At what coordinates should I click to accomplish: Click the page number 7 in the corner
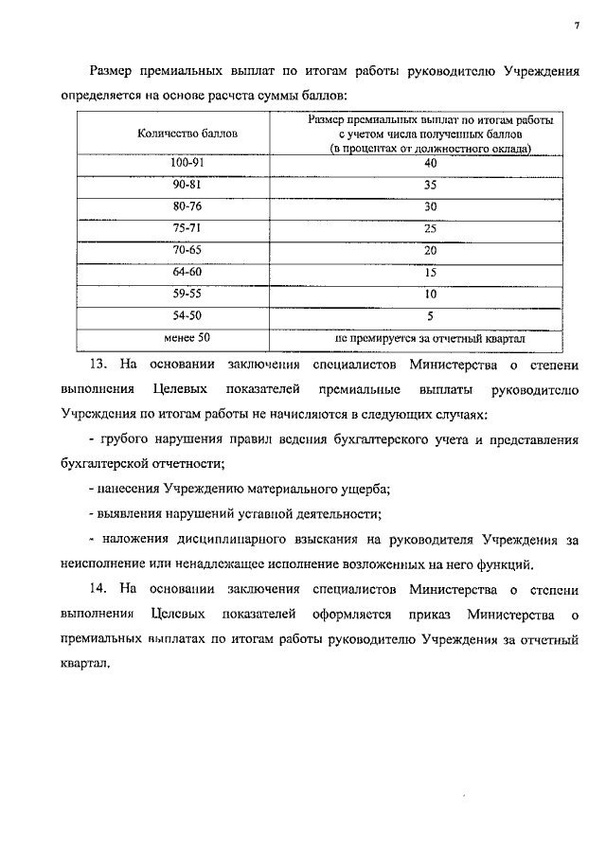click(576, 25)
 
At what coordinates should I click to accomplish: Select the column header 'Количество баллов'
click(187, 134)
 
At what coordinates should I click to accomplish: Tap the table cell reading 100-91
click(187, 163)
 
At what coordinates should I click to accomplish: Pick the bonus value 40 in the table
click(430, 163)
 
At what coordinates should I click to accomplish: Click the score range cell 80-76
click(187, 206)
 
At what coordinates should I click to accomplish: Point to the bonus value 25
click(430, 228)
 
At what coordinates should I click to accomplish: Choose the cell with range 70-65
click(187, 250)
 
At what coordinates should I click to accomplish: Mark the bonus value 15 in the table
click(430, 272)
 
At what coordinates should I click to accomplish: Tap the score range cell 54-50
click(187, 315)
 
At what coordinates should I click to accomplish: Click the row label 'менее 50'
click(187, 337)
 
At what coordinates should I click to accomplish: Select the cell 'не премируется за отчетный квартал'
click(430, 337)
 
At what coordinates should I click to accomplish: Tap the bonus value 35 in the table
click(430, 185)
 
